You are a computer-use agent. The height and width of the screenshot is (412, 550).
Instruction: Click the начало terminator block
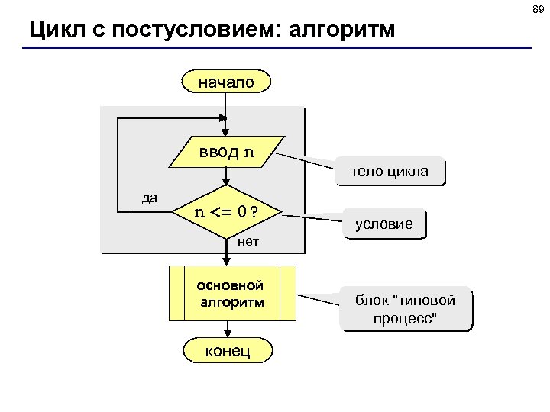coord(226,81)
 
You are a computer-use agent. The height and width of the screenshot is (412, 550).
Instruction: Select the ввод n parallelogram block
coord(226,151)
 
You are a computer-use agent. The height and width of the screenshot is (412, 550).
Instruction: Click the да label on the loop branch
coord(150,198)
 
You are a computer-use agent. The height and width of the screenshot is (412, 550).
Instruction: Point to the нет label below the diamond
coord(248,242)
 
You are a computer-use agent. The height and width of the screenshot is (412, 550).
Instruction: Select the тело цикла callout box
coord(390,172)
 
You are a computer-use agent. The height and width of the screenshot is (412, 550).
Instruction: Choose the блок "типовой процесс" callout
coord(406,309)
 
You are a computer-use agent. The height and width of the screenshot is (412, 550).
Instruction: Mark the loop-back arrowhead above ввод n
coord(223,118)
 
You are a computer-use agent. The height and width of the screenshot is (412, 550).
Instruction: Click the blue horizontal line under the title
coord(275,48)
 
